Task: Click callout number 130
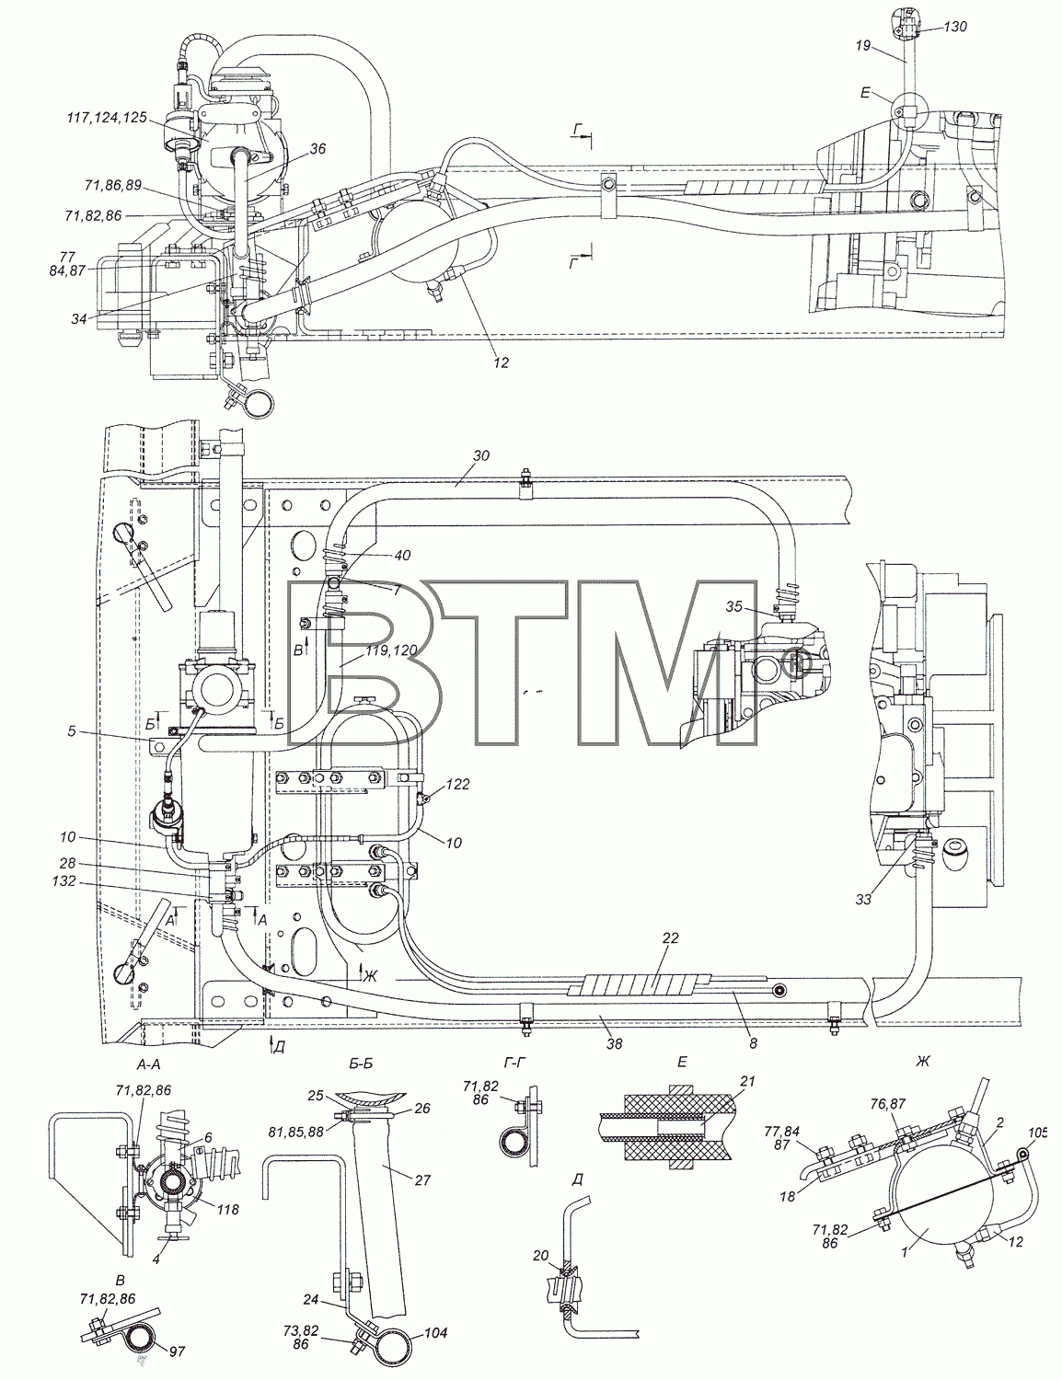pos(954,26)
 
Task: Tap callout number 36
pos(317,149)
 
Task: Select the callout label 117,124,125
pos(108,118)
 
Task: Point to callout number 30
pos(481,456)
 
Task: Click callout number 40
pos(402,555)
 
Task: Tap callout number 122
pos(457,785)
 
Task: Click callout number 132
pos(64,880)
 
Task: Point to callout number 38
pos(614,1042)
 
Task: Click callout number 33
pos(863,899)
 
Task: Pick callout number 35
pos(734,606)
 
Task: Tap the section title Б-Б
pos(360,1064)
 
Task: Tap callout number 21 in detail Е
pos(748,1082)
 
